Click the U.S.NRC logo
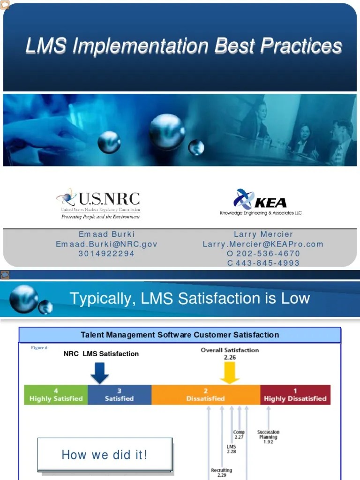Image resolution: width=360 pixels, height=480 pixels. pyautogui.click(x=98, y=203)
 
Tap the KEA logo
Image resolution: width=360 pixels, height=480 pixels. pyautogui.click(x=261, y=202)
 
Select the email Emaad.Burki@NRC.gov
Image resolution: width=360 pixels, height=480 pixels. pyautogui.click(x=106, y=244)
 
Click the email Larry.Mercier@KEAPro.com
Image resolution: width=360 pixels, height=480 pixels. pyautogui.click(x=263, y=244)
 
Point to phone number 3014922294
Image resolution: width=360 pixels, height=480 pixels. pyautogui.click(x=106, y=254)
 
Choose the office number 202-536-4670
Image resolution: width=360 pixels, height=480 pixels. pyautogui.click(x=268, y=254)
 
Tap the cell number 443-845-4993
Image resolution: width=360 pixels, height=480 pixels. pyautogui.click(x=268, y=263)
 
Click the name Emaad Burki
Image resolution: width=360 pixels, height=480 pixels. pyautogui.click(x=106, y=234)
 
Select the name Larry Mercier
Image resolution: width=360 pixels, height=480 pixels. pyautogui.click(x=263, y=234)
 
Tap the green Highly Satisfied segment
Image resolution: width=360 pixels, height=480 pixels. pyautogui.click(x=56, y=395)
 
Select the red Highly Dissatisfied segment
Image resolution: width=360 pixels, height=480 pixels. pyautogui.click(x=295, y=395)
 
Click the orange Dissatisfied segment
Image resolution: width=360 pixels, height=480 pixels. pyautogui.click(x=205, y=395)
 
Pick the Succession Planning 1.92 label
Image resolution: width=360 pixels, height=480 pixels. pyautogui.click(x=268, y=437)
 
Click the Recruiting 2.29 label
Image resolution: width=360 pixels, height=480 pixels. pyautogui.click(x=221, y=472)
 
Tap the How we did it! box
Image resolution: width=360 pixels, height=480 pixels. pyautogui.click(x=105, y=455)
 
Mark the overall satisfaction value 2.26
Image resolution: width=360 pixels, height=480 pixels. pyautogui.click(x=230, y=357)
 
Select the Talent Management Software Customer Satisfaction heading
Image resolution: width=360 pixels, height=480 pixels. pyautogui.click(x=180, y=335)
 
